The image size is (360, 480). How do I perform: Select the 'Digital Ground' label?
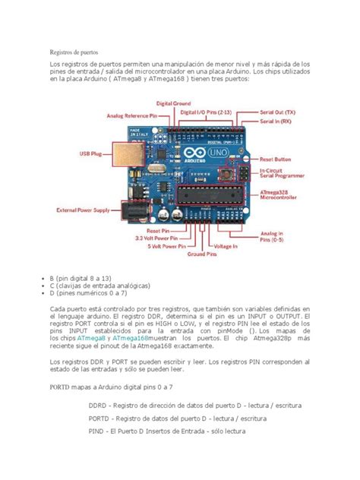[x=174, y=103]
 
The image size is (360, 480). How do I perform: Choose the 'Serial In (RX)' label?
[x=276, y=121]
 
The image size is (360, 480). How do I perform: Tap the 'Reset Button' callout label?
[x=276, y=159]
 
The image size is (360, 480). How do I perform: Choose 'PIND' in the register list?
[x=99, y=431]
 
